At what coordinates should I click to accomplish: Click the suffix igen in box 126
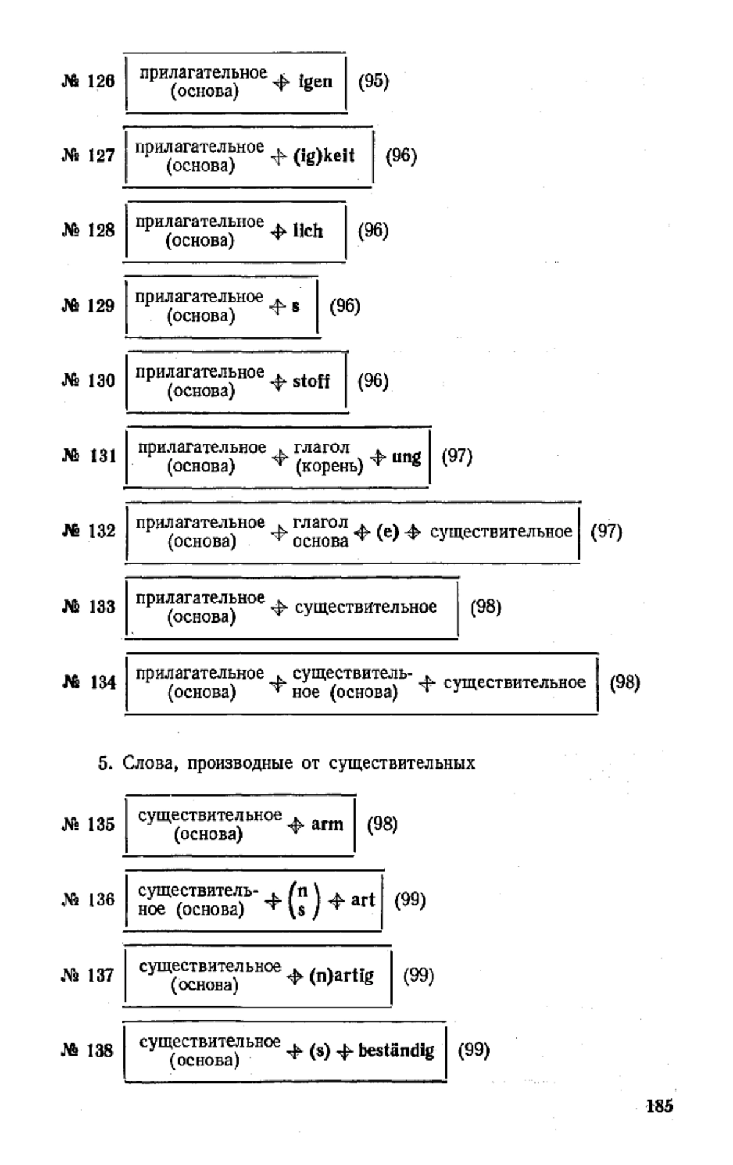click(x=315, y=82)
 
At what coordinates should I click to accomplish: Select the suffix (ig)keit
click(x=324, y=156)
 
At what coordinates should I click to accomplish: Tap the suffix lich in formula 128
click(x=308, y=231)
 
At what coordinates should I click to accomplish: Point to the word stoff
click(x=311, y=382)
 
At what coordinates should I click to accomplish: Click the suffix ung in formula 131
click(x=406, y=458)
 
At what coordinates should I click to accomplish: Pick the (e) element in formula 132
click(x=387, y=533)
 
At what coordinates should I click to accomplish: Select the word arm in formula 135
click(x=327, y=825)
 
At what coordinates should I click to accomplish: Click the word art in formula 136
click(x=363, y=900)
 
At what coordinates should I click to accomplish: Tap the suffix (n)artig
click(x=341, y=976)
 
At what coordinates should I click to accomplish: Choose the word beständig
click(x=396, y=1051)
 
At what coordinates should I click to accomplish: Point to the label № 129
click(x=89, y=305)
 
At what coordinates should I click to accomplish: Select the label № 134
click(x=89, y=682)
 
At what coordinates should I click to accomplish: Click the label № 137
click(x=88, y=975)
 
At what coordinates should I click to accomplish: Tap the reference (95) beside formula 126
click(x=373, y=81)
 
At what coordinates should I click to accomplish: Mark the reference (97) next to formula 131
click(x=457, y=456)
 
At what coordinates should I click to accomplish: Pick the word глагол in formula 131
click(x=322, y=448)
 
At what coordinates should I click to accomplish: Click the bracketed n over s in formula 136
click(x=302, y=902)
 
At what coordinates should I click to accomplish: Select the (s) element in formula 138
click(x=319, y=1051)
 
